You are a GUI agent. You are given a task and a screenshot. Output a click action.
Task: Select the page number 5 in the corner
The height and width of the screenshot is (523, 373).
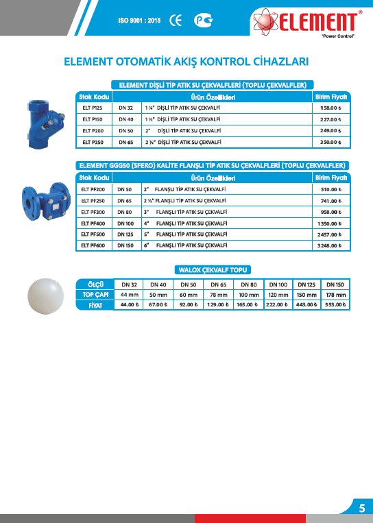click(x=361, y=508)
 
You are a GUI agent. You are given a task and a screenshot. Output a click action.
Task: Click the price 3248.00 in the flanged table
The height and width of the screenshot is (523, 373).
click(x=330, y=245)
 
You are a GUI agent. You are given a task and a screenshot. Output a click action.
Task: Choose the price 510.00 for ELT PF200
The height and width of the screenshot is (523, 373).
click(x=331, y=189)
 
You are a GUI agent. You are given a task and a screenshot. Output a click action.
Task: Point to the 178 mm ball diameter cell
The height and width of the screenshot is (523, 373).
click(x=335, y=294)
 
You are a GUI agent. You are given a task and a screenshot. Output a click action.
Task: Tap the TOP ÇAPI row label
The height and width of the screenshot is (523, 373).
click(x=95, y=294)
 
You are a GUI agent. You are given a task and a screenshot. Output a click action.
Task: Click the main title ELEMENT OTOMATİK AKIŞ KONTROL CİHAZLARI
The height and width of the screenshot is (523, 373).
click(x=186, y=61)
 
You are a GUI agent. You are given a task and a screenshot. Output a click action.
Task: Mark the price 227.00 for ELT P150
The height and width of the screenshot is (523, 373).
click(x=330, y=119)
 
